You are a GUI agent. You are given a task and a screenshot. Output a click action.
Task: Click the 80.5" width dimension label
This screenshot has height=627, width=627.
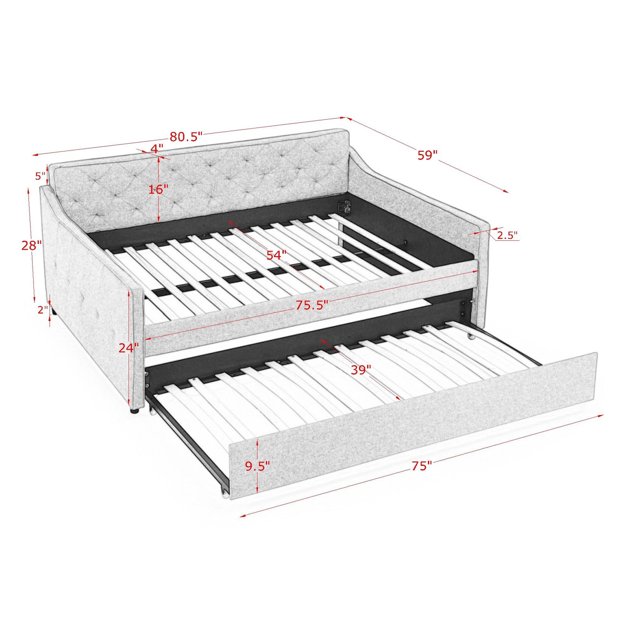(x=186, y=136)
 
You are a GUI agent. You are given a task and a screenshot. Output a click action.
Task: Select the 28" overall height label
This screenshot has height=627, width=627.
(x=32, y=245)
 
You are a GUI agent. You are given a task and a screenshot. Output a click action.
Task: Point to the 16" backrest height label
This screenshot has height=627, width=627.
(x=159, y=189)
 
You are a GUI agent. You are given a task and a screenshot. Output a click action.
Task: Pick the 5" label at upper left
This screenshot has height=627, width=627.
(x=41, y=176)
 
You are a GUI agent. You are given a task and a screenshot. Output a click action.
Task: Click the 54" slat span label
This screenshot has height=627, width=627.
(x=276, y=255)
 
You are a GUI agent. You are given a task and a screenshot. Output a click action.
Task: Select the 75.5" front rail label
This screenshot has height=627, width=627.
(x=312, y=305)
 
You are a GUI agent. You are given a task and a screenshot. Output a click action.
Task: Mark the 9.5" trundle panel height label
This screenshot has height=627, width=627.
(x=257, y=466)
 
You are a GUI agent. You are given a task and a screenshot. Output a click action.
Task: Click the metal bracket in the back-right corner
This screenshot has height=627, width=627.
(x=345, y=207)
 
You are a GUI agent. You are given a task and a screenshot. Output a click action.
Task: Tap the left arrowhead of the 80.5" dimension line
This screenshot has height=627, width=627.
(x=35, y=155)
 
